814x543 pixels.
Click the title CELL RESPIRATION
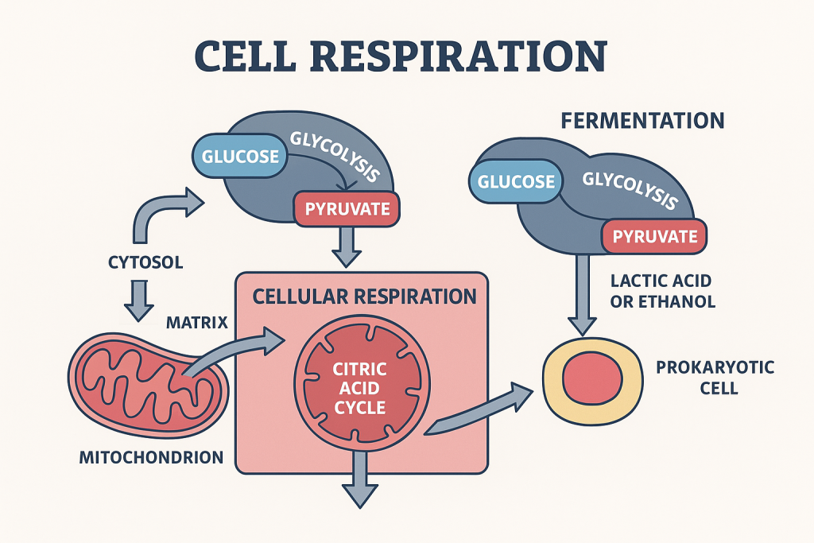click(x=401, y=58)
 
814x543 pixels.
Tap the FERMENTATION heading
click(x=642, y=121)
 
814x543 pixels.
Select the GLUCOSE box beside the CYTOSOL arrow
click(x=239, y=155)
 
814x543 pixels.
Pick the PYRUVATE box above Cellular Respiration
click(x=347, y=209)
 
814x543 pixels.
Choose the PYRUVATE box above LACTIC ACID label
click(x=654, y=236)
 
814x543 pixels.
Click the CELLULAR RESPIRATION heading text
click(x=364, y=297)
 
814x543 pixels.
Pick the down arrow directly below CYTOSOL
click(x=138, y=301)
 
